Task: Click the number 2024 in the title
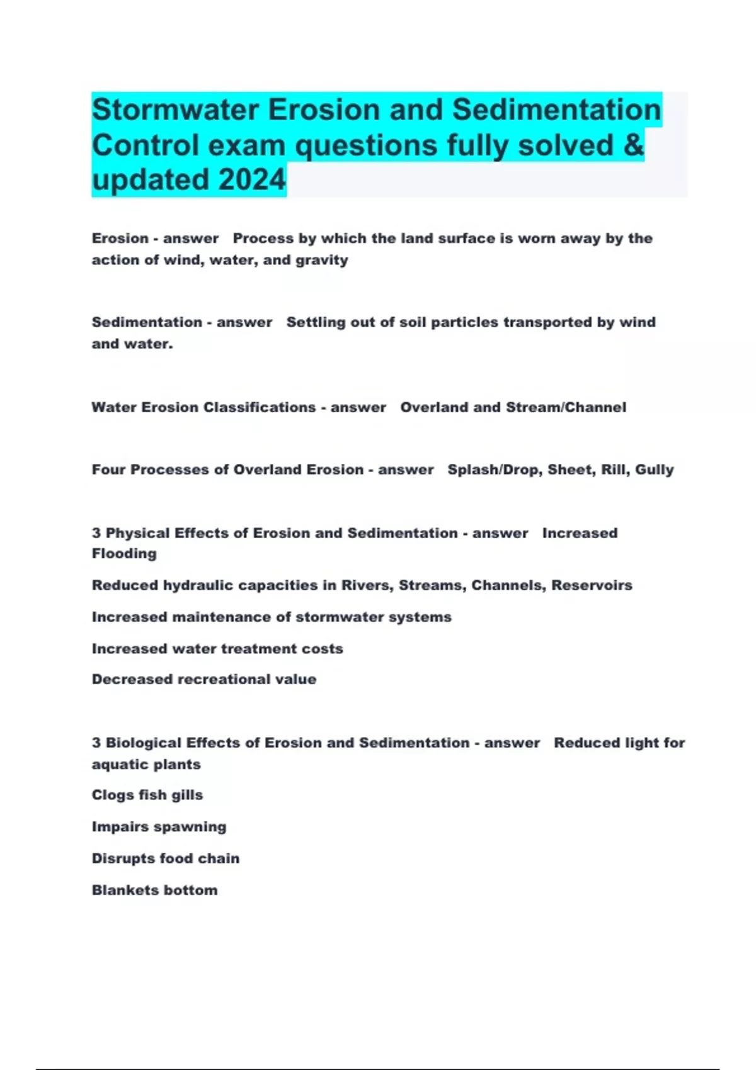[x=252, y=180]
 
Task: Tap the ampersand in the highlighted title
[x=634, y=145]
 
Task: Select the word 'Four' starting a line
[x=108, y=470]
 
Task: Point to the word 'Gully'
[x=655, y=470]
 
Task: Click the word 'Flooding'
[x=124, y=554]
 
